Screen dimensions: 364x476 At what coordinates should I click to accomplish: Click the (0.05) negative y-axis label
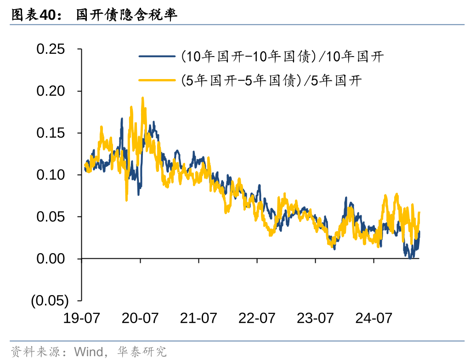click(x=50, y=301)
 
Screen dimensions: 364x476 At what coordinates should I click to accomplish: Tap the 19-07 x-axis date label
click(x=81, y=318)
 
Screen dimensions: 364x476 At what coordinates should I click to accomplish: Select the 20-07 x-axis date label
click(x=140, y=318)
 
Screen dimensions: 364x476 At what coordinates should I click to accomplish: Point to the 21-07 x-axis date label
click(x=198, y=318)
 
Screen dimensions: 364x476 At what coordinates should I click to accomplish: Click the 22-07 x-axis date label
click(x=257, y=318)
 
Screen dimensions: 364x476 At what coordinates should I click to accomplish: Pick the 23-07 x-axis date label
click(x=315, y=318)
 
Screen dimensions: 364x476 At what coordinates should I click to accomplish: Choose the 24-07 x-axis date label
click(x=374, y=318)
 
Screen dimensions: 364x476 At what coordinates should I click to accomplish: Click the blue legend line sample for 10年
click(x=157, y=57)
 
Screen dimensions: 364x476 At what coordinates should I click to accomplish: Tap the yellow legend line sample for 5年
click(x=157, y=80)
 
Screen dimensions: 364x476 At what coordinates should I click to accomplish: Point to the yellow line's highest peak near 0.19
click(x=143, y=98)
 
